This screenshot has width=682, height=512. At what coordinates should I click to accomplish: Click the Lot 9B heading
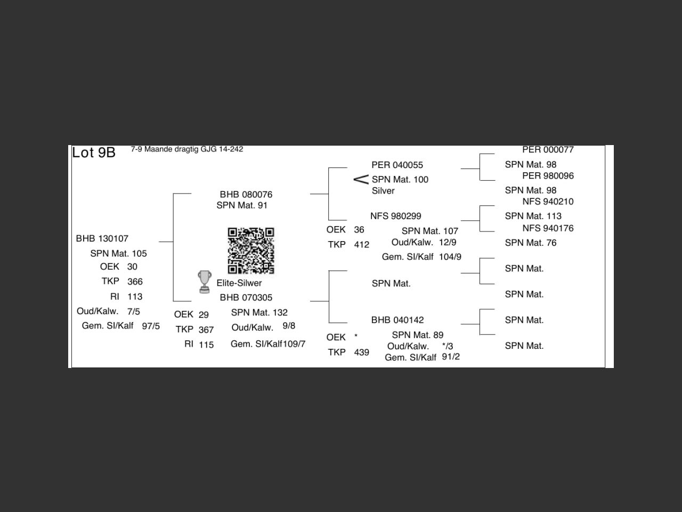coord(94,153)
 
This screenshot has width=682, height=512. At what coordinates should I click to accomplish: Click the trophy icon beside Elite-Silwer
coord(204,282)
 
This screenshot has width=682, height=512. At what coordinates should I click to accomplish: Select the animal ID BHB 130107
coord(102,238)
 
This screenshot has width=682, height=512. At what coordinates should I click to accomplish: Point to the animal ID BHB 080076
coord(246,195)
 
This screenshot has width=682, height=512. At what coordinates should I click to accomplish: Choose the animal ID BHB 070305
coord(246,298)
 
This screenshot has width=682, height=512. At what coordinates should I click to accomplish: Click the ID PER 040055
coord(397,165)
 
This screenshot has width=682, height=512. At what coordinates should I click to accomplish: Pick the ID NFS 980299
coord(396,216)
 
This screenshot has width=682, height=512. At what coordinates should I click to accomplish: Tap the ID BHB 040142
coord(397,320)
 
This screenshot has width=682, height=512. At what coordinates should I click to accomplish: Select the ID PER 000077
coord(548,150)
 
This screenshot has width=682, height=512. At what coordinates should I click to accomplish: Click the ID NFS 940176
coord(548,228)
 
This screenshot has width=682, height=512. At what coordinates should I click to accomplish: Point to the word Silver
coord(383,191)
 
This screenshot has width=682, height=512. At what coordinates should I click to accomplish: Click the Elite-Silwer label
coord(239,283)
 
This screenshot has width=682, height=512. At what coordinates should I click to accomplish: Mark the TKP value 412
coord(362,245)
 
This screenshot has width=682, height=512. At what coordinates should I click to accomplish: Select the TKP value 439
coord(362,353)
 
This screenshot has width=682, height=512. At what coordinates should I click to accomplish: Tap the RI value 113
coord(135,297)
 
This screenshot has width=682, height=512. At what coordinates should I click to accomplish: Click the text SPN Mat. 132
coord(259,313)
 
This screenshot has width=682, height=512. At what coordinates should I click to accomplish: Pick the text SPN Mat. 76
coord(531,243)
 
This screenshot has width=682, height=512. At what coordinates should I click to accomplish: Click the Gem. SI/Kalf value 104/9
coord(450,257)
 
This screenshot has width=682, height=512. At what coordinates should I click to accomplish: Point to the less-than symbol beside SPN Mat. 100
coord(361,179)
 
